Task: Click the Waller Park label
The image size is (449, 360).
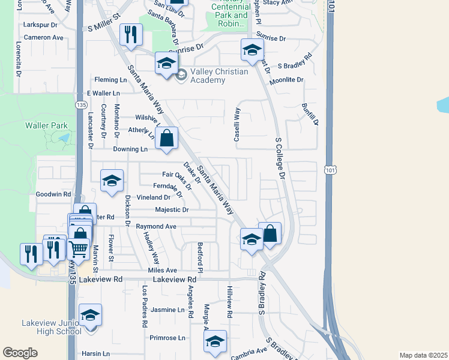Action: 46,126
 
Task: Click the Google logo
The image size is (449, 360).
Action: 20,353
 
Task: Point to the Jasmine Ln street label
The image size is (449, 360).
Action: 167,310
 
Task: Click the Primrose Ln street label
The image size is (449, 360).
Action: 167,338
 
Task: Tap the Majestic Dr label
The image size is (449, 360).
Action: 172,210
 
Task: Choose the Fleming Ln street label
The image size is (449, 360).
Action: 110,80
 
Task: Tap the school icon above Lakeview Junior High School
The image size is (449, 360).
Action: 90,315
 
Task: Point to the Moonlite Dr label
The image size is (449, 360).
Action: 286,80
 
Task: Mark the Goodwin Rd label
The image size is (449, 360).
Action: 53,194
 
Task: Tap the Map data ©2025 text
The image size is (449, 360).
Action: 423,355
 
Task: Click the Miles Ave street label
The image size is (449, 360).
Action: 162,271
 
